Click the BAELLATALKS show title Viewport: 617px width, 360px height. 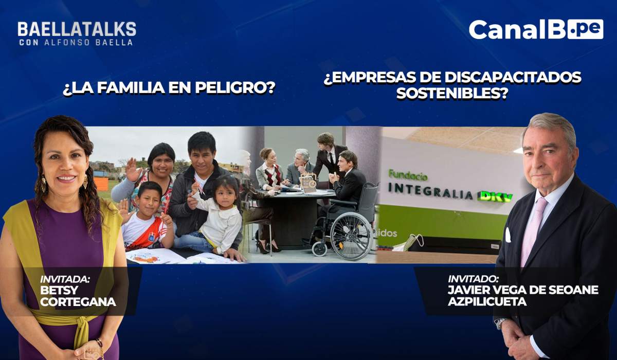coord(77,29)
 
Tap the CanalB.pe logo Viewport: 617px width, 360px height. coord(536,29)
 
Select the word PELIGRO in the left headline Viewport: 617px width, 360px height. coord(235,87)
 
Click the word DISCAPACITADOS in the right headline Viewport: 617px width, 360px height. coord(513,77)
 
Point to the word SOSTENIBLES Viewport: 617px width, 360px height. coord(452,94)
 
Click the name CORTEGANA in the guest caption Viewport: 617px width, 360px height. coord(78,302)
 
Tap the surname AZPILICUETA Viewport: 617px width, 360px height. coord(487,301)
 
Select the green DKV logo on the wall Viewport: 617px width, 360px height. coord(496,196)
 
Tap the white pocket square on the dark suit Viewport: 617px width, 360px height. coord(508,235)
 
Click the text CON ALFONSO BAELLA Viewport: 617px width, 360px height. coord(76,42)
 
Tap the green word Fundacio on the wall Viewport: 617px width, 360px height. coord(408,175)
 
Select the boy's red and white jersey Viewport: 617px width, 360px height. coord(144,231)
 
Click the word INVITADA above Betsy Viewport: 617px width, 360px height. coord(65,279)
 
